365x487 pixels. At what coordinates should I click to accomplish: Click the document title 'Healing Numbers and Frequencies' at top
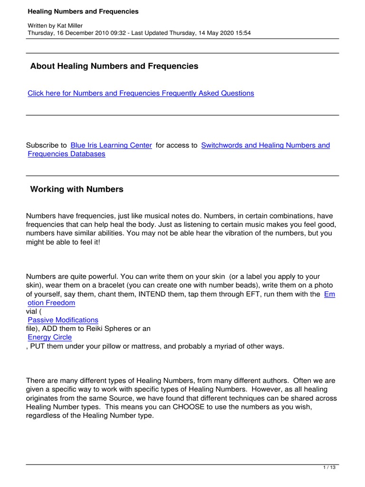point(83,11)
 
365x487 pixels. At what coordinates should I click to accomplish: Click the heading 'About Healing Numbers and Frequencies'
point(114,67)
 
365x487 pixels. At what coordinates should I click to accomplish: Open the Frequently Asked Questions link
point(141,93)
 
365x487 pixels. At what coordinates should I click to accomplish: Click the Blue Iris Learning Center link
point(111,145)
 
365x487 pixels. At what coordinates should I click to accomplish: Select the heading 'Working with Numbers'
point(77,189)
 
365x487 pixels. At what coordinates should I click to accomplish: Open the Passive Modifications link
point(63,320)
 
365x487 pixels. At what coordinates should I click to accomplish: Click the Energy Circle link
point(49,337)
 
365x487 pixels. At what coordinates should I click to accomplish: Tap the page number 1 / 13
point(329,468)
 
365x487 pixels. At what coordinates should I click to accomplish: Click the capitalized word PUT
point(39,346)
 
